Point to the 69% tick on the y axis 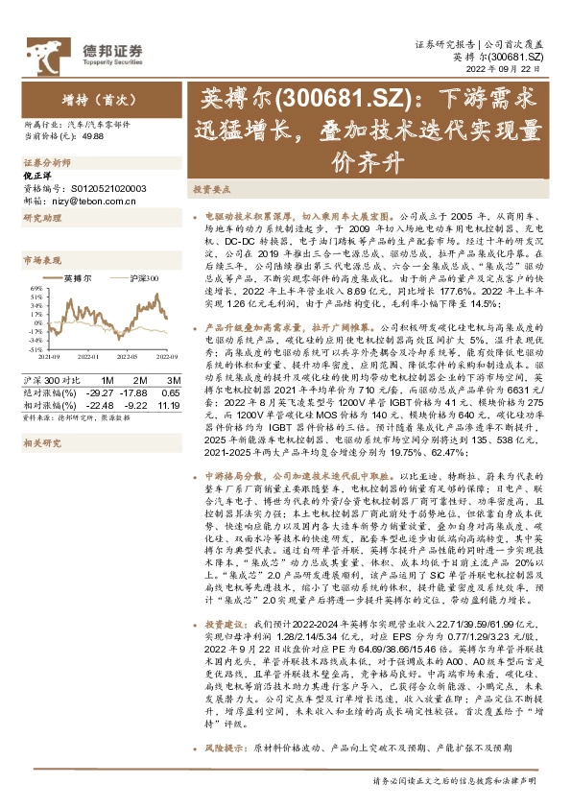(36, 288)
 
